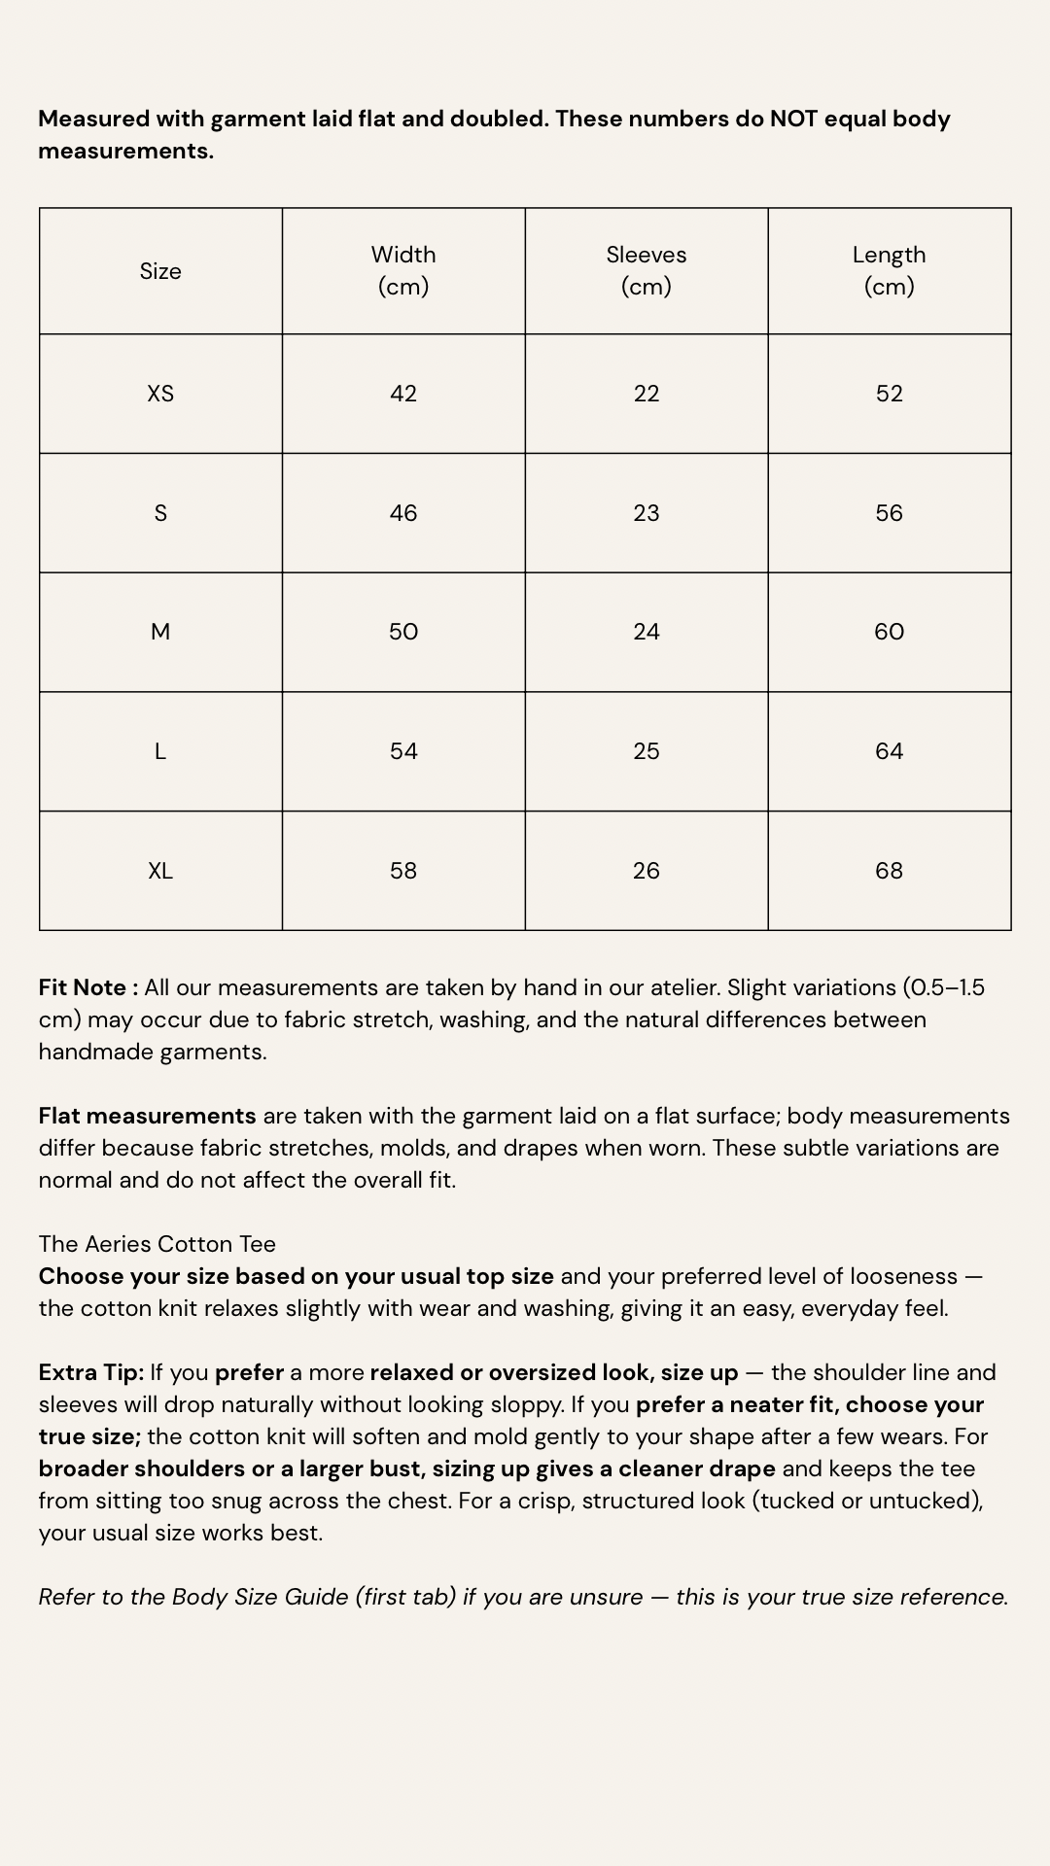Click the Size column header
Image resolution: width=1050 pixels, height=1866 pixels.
pyautogui.click(x=160, y=271)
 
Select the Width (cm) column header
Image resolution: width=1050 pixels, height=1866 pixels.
pyautogui.click(x=403, y=270)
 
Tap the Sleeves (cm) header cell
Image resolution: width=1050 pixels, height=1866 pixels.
pyautogui.click(x=647, y=270)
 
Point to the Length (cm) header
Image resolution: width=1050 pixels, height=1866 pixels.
pyautogui.click(x=890, y=270)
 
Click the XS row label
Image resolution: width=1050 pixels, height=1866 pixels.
pyautogui.click(x=160, y=394)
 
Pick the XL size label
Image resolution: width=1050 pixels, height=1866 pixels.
pyautogui.click(x=160, y=871)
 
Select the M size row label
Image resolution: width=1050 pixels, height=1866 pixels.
pyautogui.click(x=160, y=632)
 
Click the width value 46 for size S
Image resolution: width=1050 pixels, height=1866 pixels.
pyautogui.click(x=403, y=513)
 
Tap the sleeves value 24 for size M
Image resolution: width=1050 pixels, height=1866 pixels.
pyautogui.click(x=647, y=632)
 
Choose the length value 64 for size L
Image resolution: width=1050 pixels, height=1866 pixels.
pyautogui.click(x=890, y=751)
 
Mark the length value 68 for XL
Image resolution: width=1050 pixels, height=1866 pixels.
pyautogui.click(x=890, y=871)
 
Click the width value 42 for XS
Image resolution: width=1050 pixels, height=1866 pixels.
pyautogui.click(x=403, y=394)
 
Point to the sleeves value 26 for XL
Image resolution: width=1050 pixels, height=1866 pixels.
pyautogui.click(x=647, y=871)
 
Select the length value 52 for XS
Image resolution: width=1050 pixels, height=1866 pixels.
pyautogui.click(x=890, y=394)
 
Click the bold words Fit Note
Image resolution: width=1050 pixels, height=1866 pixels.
pyautogui.click(x=84, y=987)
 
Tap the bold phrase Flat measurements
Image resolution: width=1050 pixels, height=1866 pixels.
pyautogui.click(x=147, y=1116)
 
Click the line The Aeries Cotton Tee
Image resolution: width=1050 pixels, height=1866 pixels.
pyautogui.click(x=157, y=1244)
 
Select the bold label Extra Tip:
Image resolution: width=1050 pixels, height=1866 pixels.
pyautogui.click(x=91, y=1372)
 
